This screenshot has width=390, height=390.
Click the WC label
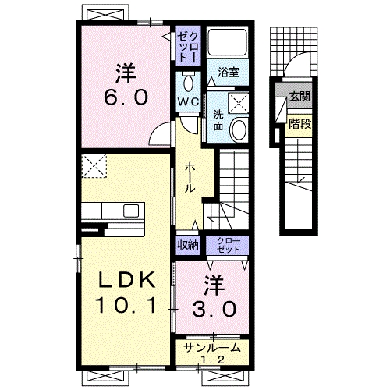pos(188,101)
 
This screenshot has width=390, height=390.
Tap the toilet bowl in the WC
pos(188,83)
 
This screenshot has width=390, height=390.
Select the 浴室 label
pos(229,72)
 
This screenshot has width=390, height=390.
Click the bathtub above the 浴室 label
pos(228,42)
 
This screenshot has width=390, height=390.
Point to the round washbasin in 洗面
pos(239,129)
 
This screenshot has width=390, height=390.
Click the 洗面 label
pos(218,120)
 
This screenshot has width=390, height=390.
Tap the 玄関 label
pos(300,97)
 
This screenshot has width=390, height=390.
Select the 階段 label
pos(300,124)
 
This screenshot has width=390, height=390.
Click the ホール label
pos(190,178)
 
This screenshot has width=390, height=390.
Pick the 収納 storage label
pos(188,245)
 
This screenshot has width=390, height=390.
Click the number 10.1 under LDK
pos(126,305)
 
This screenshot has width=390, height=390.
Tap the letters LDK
pos(126,280)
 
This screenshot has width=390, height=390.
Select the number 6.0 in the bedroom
pos(126,97)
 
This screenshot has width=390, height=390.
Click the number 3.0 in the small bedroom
pos(214,309)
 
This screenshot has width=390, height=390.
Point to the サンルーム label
pos(211,348)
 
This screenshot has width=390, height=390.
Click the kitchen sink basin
pos(131,211)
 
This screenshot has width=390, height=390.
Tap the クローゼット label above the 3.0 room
pos(228,245)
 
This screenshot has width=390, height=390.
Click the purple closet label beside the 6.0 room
pos(188,47)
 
